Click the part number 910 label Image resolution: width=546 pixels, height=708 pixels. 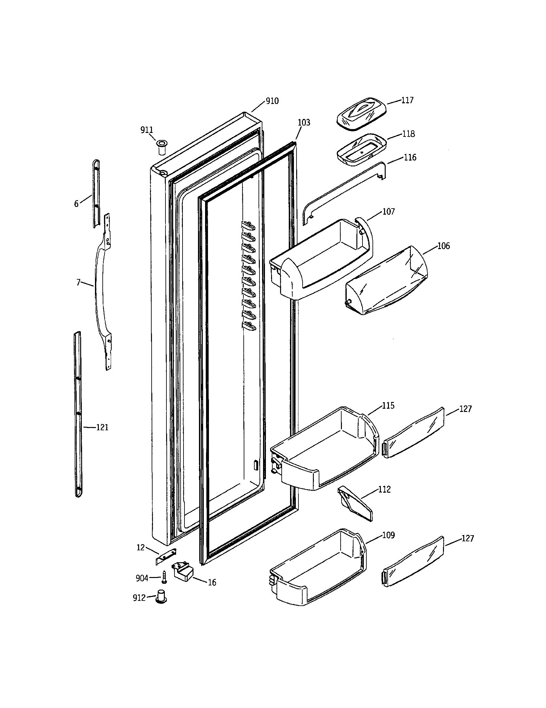[272, 101]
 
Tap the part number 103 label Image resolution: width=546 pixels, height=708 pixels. [304, 123]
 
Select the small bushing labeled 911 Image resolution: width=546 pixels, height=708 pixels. [161, 147]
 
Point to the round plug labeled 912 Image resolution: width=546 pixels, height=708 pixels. [161, 597]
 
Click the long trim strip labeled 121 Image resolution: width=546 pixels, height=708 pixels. [78, 415]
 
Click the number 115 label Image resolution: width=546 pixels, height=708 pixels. [388, 405]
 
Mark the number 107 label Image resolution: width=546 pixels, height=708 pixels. [389, 212]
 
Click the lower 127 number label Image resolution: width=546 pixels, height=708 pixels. [467, 538]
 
